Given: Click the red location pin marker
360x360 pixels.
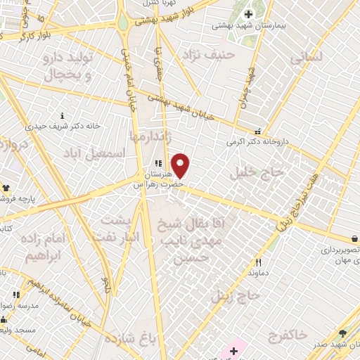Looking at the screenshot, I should click(181, 166).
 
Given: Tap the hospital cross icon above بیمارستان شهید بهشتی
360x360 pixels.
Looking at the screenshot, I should click(247, 14).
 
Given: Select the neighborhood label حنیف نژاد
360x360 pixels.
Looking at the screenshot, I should click(203, 53).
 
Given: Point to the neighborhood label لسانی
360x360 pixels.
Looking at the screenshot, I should click(304, 59).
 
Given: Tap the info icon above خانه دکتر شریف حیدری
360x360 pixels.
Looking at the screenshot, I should click(63, 116).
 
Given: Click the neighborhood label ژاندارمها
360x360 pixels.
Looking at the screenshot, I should click(148, 134).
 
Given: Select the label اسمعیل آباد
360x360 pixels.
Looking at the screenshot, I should click(93, 153).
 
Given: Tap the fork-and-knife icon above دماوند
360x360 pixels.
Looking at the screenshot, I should click(259, 262).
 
